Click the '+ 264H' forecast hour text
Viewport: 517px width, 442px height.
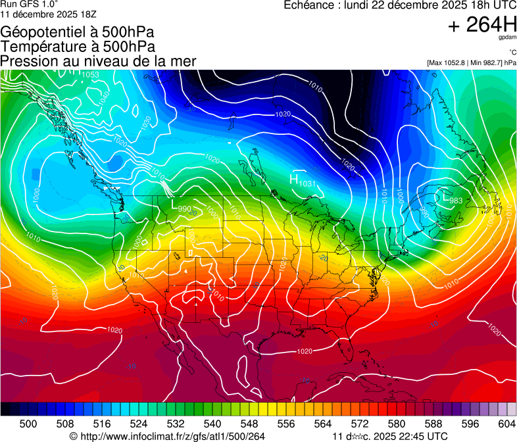tap(482, 25)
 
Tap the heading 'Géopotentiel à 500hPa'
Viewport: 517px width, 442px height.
tap(78, 32)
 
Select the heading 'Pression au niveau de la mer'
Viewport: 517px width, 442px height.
tap(98, 61)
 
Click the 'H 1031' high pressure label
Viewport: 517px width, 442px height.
tap(303, 181)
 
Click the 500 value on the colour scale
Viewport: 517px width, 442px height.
tap(28, 424)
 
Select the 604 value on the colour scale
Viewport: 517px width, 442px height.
tap(507, 424)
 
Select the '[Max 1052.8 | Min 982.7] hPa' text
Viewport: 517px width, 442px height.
tap(471, 62)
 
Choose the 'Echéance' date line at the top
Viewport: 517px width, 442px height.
tap(399, 5)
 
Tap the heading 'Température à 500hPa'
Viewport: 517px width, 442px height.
tap(78, 47)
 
